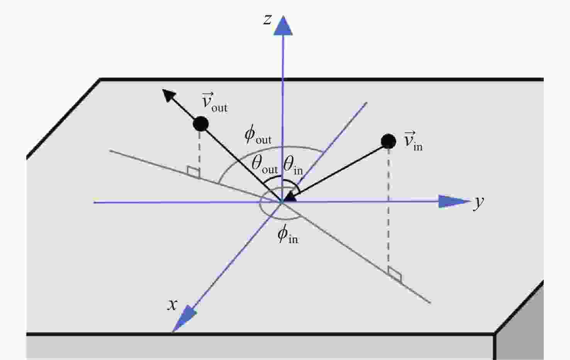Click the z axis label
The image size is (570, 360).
(x=267, y=20)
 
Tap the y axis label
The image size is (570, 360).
(x=478, y=203)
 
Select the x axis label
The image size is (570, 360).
(x=172, y=304)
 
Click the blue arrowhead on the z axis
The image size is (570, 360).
(x=283, y=26)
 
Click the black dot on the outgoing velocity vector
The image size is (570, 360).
(x=201, y=124)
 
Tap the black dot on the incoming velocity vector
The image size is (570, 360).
(x=388, y=141)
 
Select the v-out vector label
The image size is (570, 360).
(x=214, y=103)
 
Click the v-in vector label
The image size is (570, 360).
(x=413, y=141)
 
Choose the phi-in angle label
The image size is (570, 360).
(x=288, y=234)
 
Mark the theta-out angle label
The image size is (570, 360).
(x=265, y=165)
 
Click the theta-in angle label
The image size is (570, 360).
(x=293, y=165)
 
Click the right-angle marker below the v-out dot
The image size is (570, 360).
(x=193, y=172)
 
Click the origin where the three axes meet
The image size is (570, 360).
(x=282, y=202)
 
